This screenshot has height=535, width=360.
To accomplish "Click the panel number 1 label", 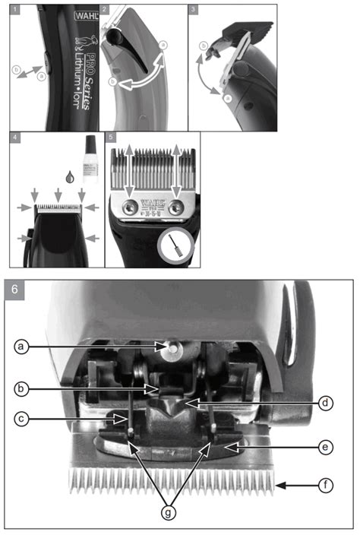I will (14, 10).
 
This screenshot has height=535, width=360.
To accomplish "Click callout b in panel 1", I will (16, 69).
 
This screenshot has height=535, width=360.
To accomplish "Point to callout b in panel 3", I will (201, 47).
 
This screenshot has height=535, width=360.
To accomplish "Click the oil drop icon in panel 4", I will (71, 176).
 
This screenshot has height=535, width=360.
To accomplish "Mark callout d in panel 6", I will (327, 403).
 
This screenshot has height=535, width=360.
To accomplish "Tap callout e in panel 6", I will (327, 448).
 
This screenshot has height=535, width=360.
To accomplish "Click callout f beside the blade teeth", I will (327, 483).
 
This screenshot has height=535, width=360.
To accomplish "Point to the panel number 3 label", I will (194, 10).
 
